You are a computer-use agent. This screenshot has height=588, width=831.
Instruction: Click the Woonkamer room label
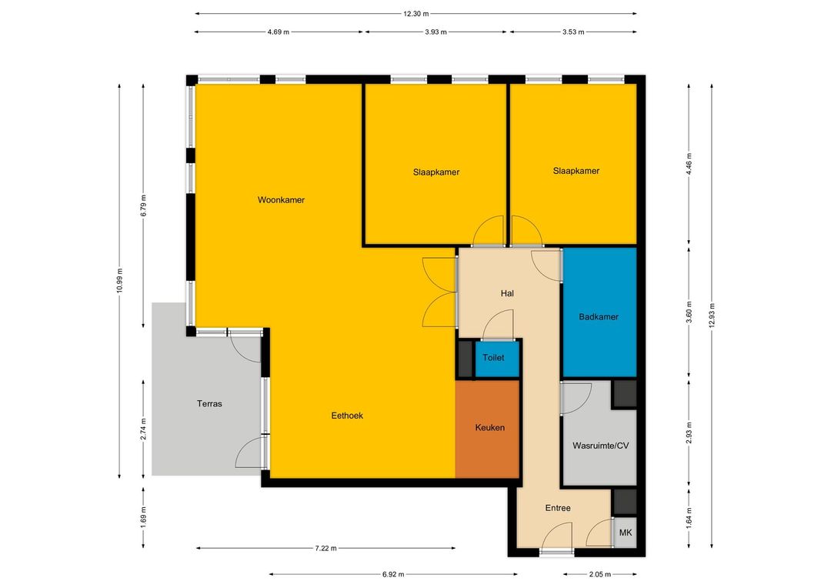point(281,200)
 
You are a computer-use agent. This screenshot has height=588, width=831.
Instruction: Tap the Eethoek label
point(347,416)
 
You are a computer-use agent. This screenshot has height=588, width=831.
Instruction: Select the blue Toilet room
point(496,359)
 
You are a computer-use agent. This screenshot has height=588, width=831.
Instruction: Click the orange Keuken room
point(487,429)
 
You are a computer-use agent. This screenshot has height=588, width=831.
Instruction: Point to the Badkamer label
point(599,317)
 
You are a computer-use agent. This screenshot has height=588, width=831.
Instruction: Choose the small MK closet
point(626,533)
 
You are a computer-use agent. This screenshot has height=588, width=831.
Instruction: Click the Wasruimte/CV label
point(600,446)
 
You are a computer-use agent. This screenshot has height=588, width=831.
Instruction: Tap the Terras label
point(209,403)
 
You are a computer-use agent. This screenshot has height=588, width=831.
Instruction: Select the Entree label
point(558,508)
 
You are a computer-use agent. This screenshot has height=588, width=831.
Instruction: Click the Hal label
point(507,293)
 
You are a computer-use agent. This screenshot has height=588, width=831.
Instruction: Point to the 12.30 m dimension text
point(416,14)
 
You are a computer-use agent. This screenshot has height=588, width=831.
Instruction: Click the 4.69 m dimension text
point(279,32)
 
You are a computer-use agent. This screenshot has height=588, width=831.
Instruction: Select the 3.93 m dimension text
point(436,32)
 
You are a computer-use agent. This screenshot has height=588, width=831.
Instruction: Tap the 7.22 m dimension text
point(325,548)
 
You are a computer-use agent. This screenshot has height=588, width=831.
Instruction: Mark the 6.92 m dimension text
point(393,574)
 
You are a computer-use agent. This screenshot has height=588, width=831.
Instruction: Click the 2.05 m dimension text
point(600,574)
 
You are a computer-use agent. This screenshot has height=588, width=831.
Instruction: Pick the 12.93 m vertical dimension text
point(712,316)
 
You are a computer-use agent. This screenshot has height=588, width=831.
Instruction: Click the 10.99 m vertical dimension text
point(120,281)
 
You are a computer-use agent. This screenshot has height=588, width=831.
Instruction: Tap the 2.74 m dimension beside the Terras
point(143,429)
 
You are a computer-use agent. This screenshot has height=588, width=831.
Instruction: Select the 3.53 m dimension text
point(573,32)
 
